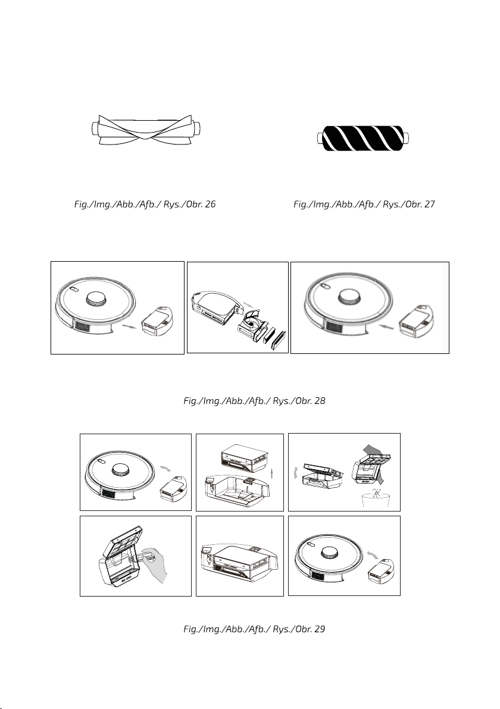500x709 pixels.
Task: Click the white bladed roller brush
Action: [145, 130]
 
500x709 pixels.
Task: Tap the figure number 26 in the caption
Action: [210, 205]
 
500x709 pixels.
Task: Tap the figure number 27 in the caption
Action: [429, 205]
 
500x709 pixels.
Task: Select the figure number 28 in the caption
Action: [320, 401]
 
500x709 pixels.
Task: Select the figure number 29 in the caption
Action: [320, 629]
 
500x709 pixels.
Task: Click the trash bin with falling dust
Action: [376, 499]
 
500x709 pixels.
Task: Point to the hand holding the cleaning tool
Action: [156, 565]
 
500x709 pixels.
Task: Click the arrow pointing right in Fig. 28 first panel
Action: [129, 326]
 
